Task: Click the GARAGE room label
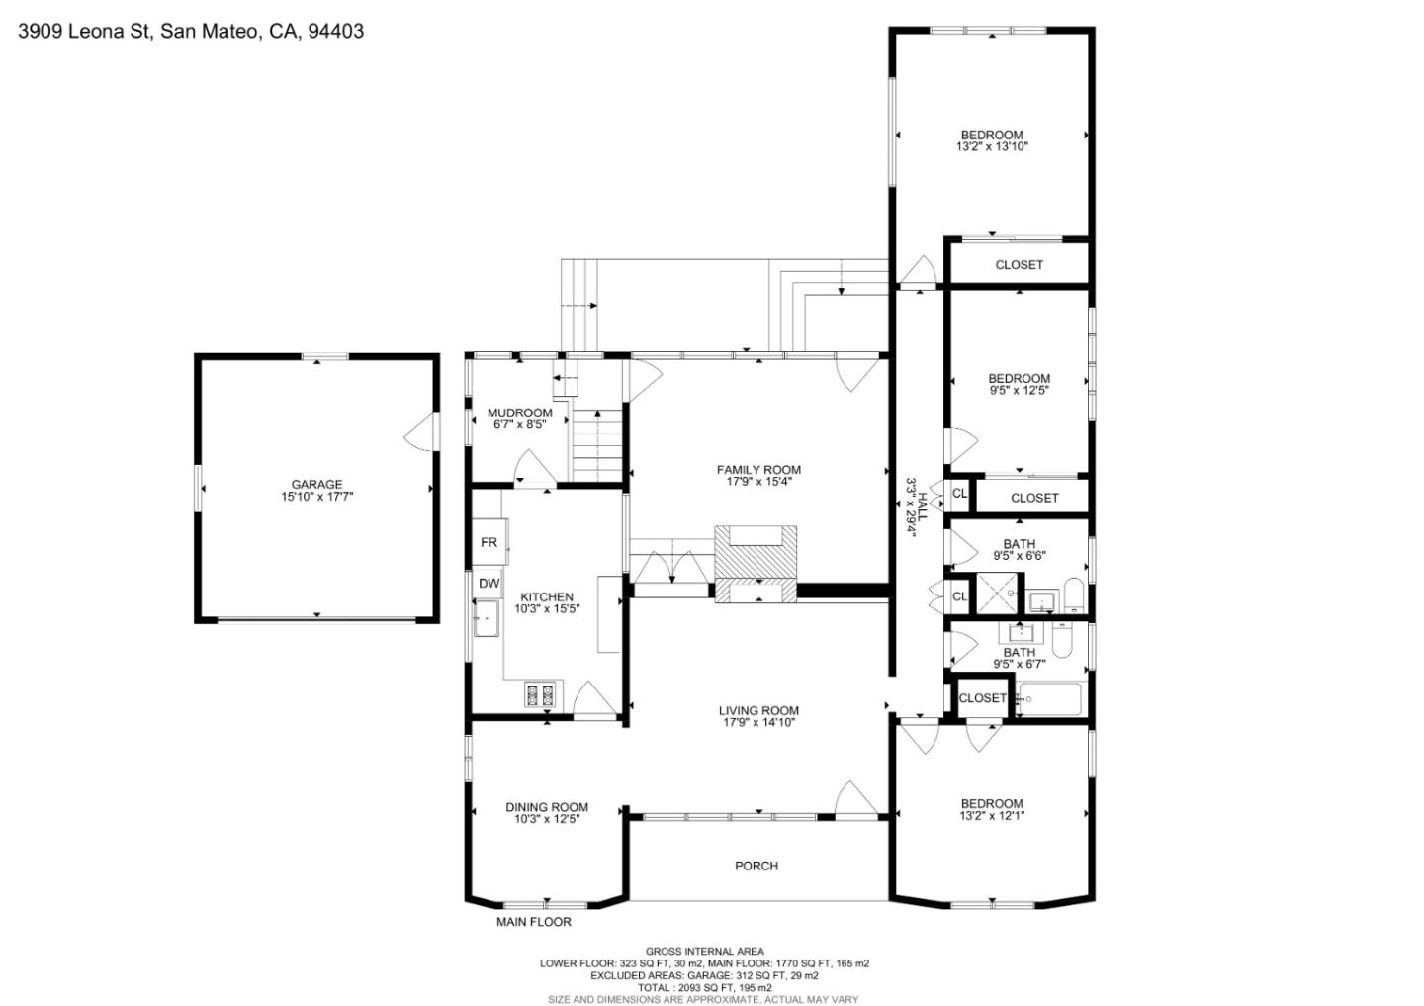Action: pos(316,485)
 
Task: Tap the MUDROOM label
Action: pos(520,412)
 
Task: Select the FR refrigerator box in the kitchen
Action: pos(489,542)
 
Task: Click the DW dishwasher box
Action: pos(489,584)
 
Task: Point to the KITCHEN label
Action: pos(547,596)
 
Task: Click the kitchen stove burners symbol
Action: pos(541,695)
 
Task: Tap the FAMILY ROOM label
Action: pos(758,470)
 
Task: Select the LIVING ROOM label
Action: pos(758,710)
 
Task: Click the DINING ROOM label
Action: pos(547,807)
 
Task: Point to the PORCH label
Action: pos(756,866)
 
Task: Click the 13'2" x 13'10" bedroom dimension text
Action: pos(992,146)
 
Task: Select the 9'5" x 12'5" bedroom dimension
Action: pos(1019,390)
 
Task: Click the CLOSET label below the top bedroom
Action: pos(1019,264)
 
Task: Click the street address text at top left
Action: pos(191,31)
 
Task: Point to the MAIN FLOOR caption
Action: pos(533,922)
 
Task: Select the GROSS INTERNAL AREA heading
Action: pos(704,951)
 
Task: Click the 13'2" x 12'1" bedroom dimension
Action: pos(992,816)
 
